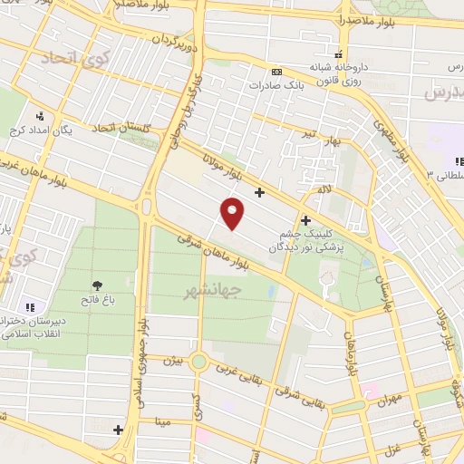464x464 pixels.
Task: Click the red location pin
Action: point(233,213)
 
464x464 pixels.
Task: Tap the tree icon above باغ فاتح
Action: point(96,285)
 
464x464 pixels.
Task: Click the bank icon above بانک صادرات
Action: point(276,72)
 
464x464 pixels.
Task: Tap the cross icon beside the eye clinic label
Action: point(305,219)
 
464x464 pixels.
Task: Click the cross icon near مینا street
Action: point(118,429)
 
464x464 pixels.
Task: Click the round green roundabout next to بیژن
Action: point(198,362)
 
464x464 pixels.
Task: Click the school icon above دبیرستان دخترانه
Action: point(30,308)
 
